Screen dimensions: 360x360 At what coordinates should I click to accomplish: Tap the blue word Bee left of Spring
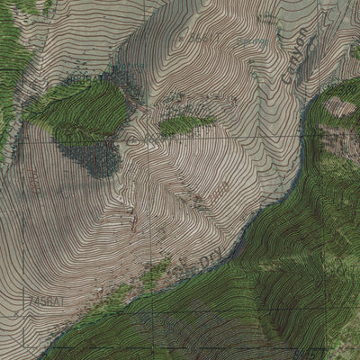point(200,40)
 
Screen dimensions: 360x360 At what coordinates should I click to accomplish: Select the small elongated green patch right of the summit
point(186,125)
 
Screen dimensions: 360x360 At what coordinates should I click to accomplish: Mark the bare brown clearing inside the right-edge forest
point(340,108)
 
